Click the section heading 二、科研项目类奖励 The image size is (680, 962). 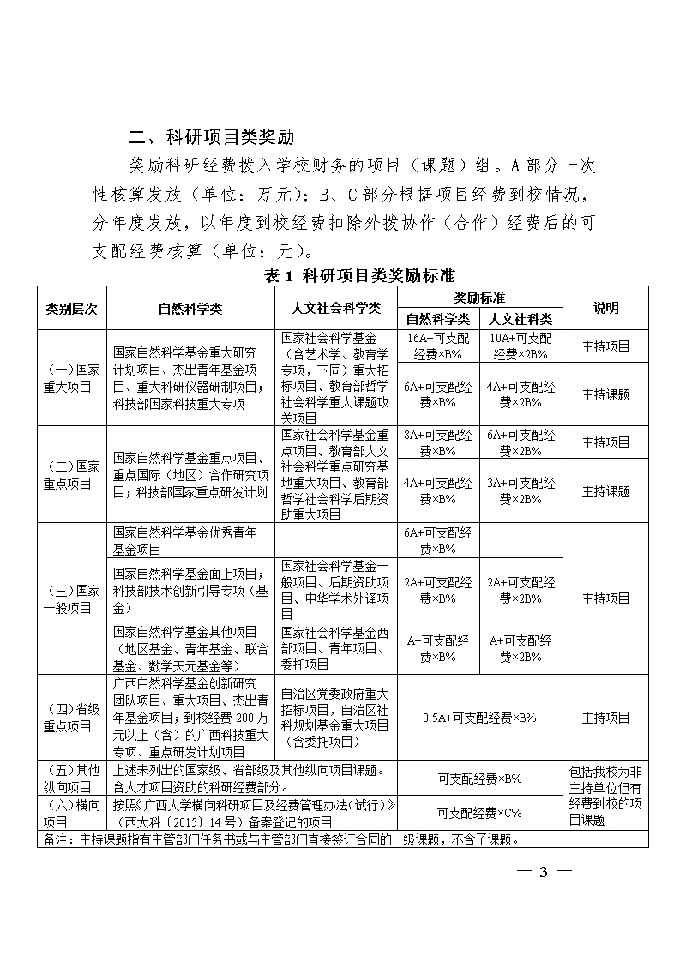(211, 136)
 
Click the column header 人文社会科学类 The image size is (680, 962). (336, 308)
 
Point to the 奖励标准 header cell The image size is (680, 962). (478, 298)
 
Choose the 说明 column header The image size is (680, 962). (605, 308)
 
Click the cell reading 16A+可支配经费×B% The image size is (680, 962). (437, 346)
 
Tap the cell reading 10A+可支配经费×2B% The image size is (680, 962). (521, 346)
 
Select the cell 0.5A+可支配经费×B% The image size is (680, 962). (478, 718)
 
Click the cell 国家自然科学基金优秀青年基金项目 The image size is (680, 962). (190, 541)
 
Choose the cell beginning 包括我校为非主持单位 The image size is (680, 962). (605, 795)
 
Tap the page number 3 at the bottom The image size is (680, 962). (542, 873)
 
